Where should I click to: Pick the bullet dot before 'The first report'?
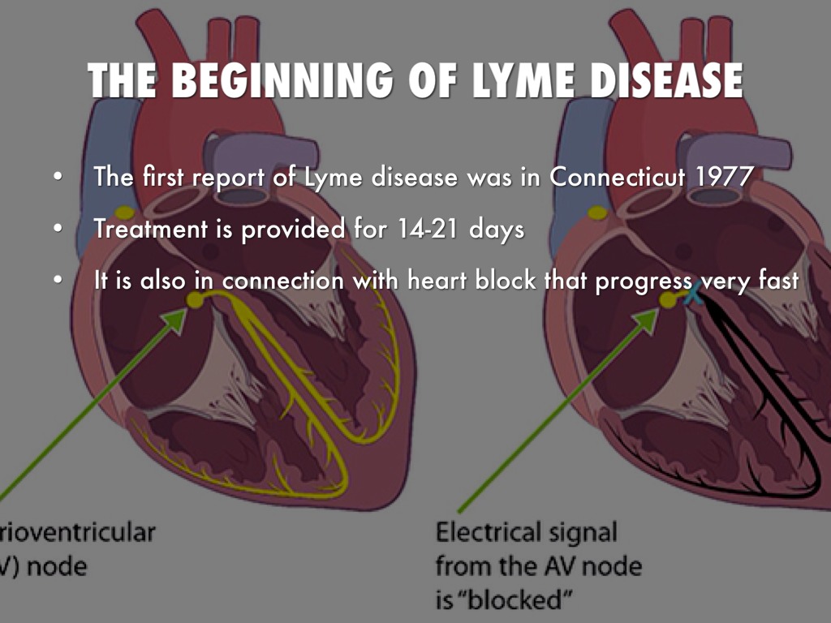(x=56, y=177)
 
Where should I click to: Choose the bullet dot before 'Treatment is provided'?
(x=56, y=230)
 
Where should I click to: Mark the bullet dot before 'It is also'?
(x=56, y=281)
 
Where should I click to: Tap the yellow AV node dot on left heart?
(x=195, y=300)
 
